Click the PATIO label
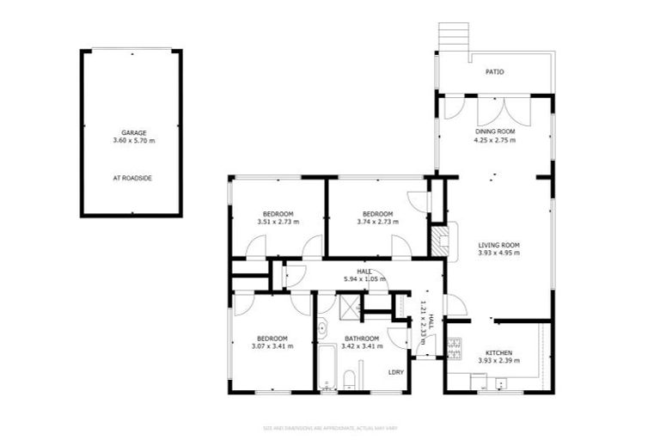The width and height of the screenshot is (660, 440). (x=494, y=71)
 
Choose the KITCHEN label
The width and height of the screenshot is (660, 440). (x=498, y=353)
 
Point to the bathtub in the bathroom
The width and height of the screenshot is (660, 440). (x=327, y=369)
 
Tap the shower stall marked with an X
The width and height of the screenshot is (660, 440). (x=348, y=304)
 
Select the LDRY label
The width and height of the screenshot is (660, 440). (x=396, y=372)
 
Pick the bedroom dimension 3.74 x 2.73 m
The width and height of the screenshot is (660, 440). (x=377, y=222)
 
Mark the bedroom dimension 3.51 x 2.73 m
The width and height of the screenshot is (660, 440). (x=278, y=222)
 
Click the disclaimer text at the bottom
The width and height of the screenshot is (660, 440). (x=330, y=427)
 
